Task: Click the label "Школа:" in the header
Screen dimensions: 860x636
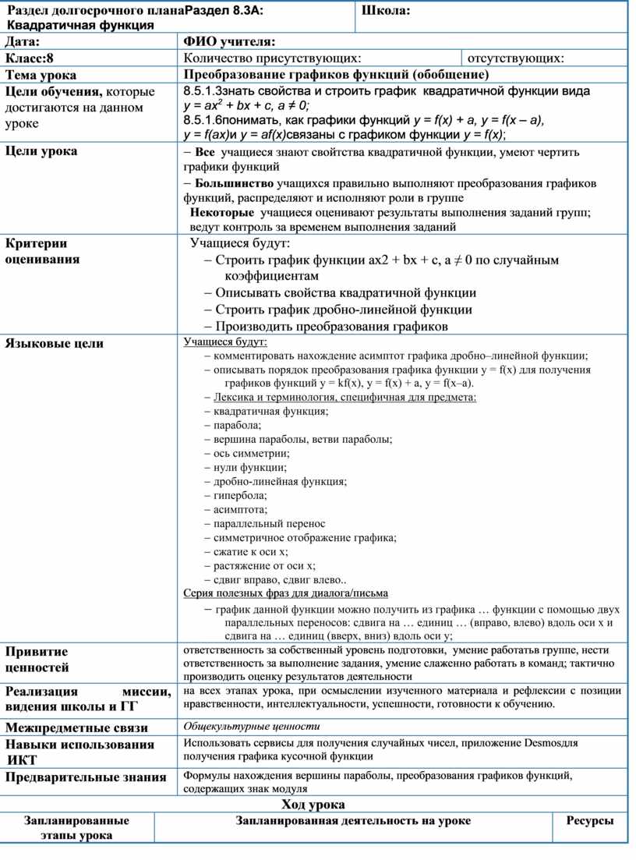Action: (387, 10)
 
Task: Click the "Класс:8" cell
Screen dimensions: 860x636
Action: (31, 58)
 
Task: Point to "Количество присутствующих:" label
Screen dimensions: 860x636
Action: (272, 58)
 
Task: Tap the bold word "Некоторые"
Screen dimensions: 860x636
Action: (223, 213)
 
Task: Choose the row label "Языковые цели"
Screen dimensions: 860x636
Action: (55, 343)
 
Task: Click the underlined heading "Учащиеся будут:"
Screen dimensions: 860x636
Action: (224, 342)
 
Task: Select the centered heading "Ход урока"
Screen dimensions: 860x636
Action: (313, 805)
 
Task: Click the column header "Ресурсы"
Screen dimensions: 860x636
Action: (590, 821)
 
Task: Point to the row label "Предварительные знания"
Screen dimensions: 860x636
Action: (86, 777)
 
